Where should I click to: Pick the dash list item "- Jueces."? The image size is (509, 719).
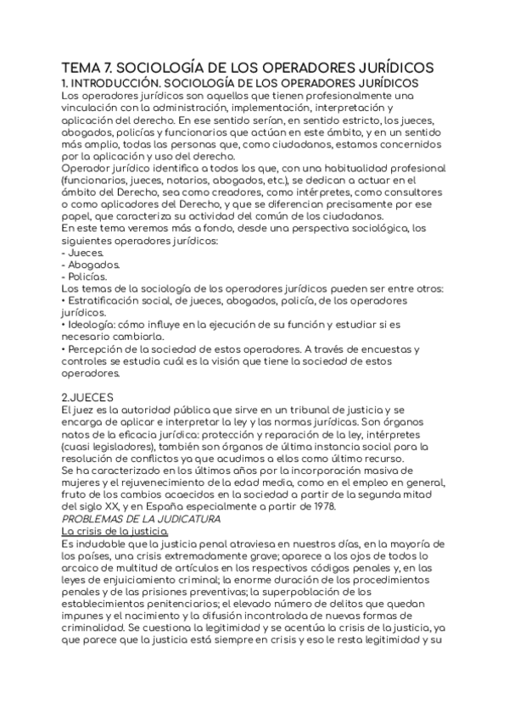pyautogui.click(x=84, y=253)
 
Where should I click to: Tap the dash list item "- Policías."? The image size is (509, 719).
pyautogui.click(x=86, y=276)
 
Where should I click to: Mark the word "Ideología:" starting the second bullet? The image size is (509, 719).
pyautogui.click(x=96, y=325)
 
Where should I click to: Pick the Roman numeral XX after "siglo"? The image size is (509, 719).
pyautogui.click(x=112, y=506)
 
